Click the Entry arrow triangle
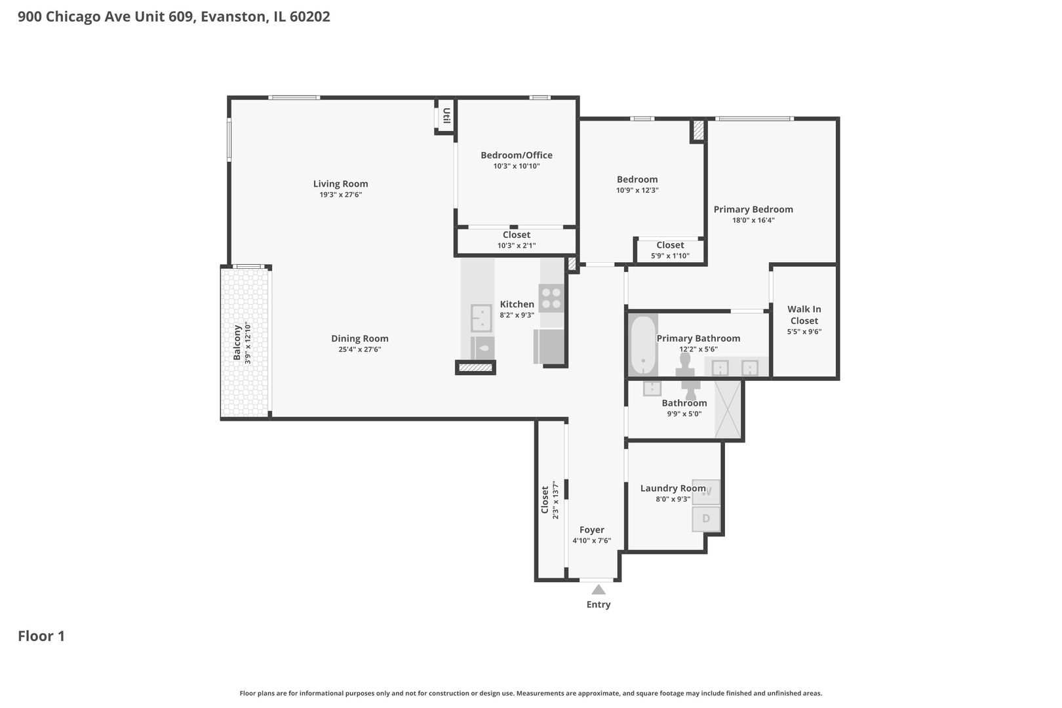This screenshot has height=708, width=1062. coord(598,589)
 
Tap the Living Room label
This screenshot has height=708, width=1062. coord(340,184)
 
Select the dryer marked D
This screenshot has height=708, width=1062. coord(706,519)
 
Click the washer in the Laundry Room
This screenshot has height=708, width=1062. coord(707,492)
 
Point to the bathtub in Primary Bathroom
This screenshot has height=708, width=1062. coord(643,346)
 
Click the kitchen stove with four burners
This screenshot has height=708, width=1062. coord(551,297)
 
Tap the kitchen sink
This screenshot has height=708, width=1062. coord(481,319)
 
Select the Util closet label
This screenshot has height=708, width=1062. coord(446,116)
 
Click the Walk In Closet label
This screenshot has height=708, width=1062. coord(804,315)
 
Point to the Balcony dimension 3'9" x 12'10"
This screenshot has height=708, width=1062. coord(248,343)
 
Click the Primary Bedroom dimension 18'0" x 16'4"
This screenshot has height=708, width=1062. coord(753,220)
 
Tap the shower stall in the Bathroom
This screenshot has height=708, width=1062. coord(728,409)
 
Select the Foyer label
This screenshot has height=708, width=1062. coord(591,530)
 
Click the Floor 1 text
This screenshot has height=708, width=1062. coord(41,636)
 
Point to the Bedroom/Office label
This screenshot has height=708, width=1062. coord(516,155)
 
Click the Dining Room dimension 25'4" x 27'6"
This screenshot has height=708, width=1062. coord(359,349)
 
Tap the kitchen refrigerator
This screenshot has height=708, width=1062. coord(549,346)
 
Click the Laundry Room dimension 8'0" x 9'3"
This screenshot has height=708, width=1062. coord(673,499)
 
